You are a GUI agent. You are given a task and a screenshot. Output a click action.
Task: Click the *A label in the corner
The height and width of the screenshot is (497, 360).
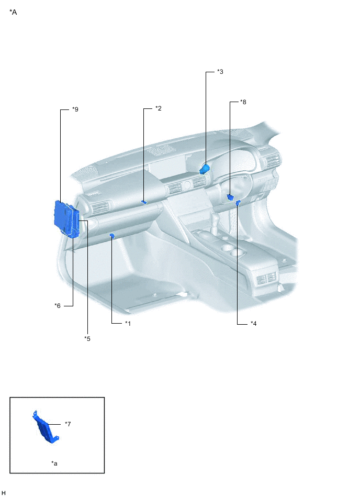pos(13,13)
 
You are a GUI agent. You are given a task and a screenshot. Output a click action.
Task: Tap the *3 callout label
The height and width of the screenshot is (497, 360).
pos(220,72)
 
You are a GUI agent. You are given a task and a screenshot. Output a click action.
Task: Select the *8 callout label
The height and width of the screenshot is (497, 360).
pos(243,102)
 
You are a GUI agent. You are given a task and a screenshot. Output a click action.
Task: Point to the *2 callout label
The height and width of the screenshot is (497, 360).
pos(159,108)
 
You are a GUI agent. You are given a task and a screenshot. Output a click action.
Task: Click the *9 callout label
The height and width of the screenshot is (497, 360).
pos(75,109)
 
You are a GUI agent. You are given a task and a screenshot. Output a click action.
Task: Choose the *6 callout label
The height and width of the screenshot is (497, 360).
pos(58,306)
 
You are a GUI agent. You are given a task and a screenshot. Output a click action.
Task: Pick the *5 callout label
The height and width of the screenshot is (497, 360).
pos(87,339)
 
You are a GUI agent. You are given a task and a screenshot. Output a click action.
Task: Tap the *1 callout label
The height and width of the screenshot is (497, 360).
pos(128,324)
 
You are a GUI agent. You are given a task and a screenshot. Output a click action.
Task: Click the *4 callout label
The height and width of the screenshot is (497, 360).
pos(253,324)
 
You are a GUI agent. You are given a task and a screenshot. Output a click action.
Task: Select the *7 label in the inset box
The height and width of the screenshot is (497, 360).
pos(67,424)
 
